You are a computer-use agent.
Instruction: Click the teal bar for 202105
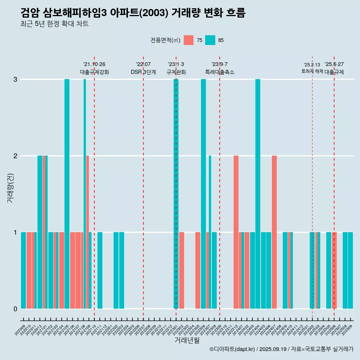point(67,194)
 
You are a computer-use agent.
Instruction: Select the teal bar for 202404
point(258,194)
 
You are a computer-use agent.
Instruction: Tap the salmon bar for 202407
point(274,232)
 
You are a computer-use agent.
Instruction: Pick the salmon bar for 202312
point(236,232)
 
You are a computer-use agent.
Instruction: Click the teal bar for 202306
point(203,194)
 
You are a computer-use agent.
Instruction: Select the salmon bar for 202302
point(181,270)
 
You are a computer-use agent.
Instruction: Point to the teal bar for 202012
point(40,232)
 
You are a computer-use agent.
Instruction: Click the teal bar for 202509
point(350,270)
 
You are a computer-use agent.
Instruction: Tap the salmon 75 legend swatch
point(189,40)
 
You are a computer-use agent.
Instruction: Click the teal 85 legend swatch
point(210,40)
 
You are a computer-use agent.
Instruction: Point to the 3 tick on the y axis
point(15,79)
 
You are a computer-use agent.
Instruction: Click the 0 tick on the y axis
point(15,309)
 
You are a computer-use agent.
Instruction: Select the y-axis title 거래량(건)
point(10,187)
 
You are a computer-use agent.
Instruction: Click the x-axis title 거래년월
point(187,340)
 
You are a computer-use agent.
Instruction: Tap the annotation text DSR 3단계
point(143,72)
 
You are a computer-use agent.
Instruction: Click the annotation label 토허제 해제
point(312,71)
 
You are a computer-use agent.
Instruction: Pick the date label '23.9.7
point(219,64)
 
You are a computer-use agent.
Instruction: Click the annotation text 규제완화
point(176,72)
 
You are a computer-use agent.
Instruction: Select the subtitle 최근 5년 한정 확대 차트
point(54,24)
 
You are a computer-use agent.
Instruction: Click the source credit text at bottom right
point(281,349)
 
